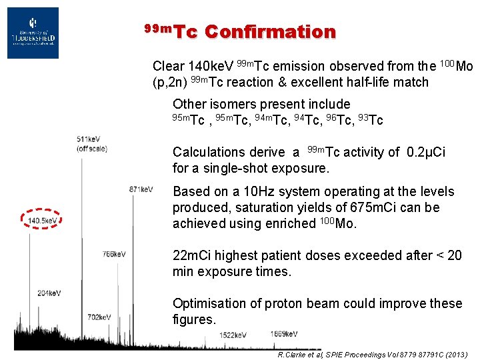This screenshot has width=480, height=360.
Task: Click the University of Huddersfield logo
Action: [x=33, y=33]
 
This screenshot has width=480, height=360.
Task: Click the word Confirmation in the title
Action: [x=270, y=31]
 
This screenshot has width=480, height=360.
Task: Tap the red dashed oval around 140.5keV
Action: [x=41, y=219]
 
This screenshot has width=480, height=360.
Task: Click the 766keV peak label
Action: [x=114, y=254]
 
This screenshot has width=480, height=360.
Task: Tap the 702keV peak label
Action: [x=99, y=317]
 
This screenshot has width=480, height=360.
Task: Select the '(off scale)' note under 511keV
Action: [x=92, y=148]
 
